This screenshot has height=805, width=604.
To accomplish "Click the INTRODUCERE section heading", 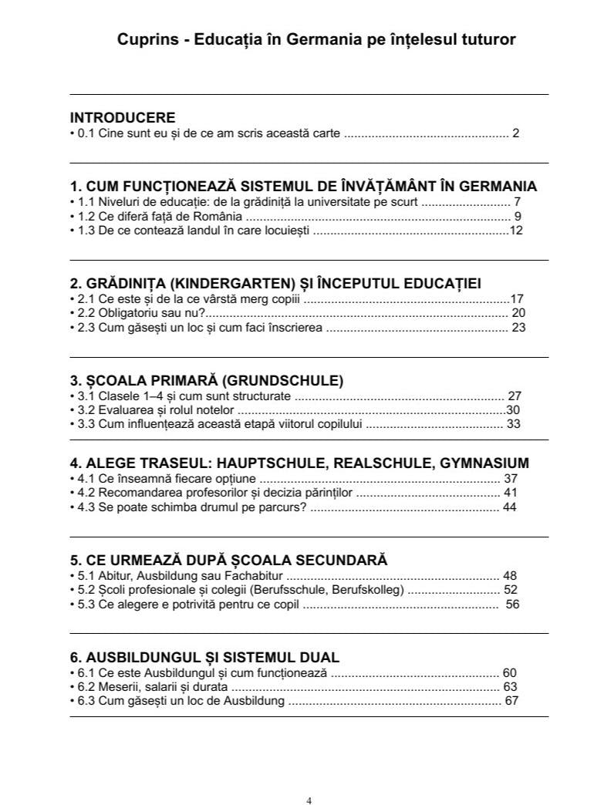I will coord(123,118).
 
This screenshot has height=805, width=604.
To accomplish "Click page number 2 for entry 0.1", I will coord(515,133).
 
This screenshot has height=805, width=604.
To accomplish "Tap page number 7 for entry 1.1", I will coord(517,202).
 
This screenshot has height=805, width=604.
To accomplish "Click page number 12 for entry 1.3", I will coord(516,230).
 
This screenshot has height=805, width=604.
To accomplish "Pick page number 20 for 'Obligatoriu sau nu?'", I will coord(518,313).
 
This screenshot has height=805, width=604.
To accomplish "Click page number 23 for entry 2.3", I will coord(518,327).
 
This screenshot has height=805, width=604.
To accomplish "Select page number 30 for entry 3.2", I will coord(513,409).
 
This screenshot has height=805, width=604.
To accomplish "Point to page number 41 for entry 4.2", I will coord(510,492).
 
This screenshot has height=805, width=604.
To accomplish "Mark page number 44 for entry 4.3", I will coord(510,507).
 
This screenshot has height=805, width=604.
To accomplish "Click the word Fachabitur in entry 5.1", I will coord(257,575).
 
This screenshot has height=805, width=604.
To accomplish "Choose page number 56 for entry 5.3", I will coord(512,604).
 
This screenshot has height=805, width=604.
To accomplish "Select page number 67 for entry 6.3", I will coord(510,700).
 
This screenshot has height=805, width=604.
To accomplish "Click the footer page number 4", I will coord(309,779).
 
